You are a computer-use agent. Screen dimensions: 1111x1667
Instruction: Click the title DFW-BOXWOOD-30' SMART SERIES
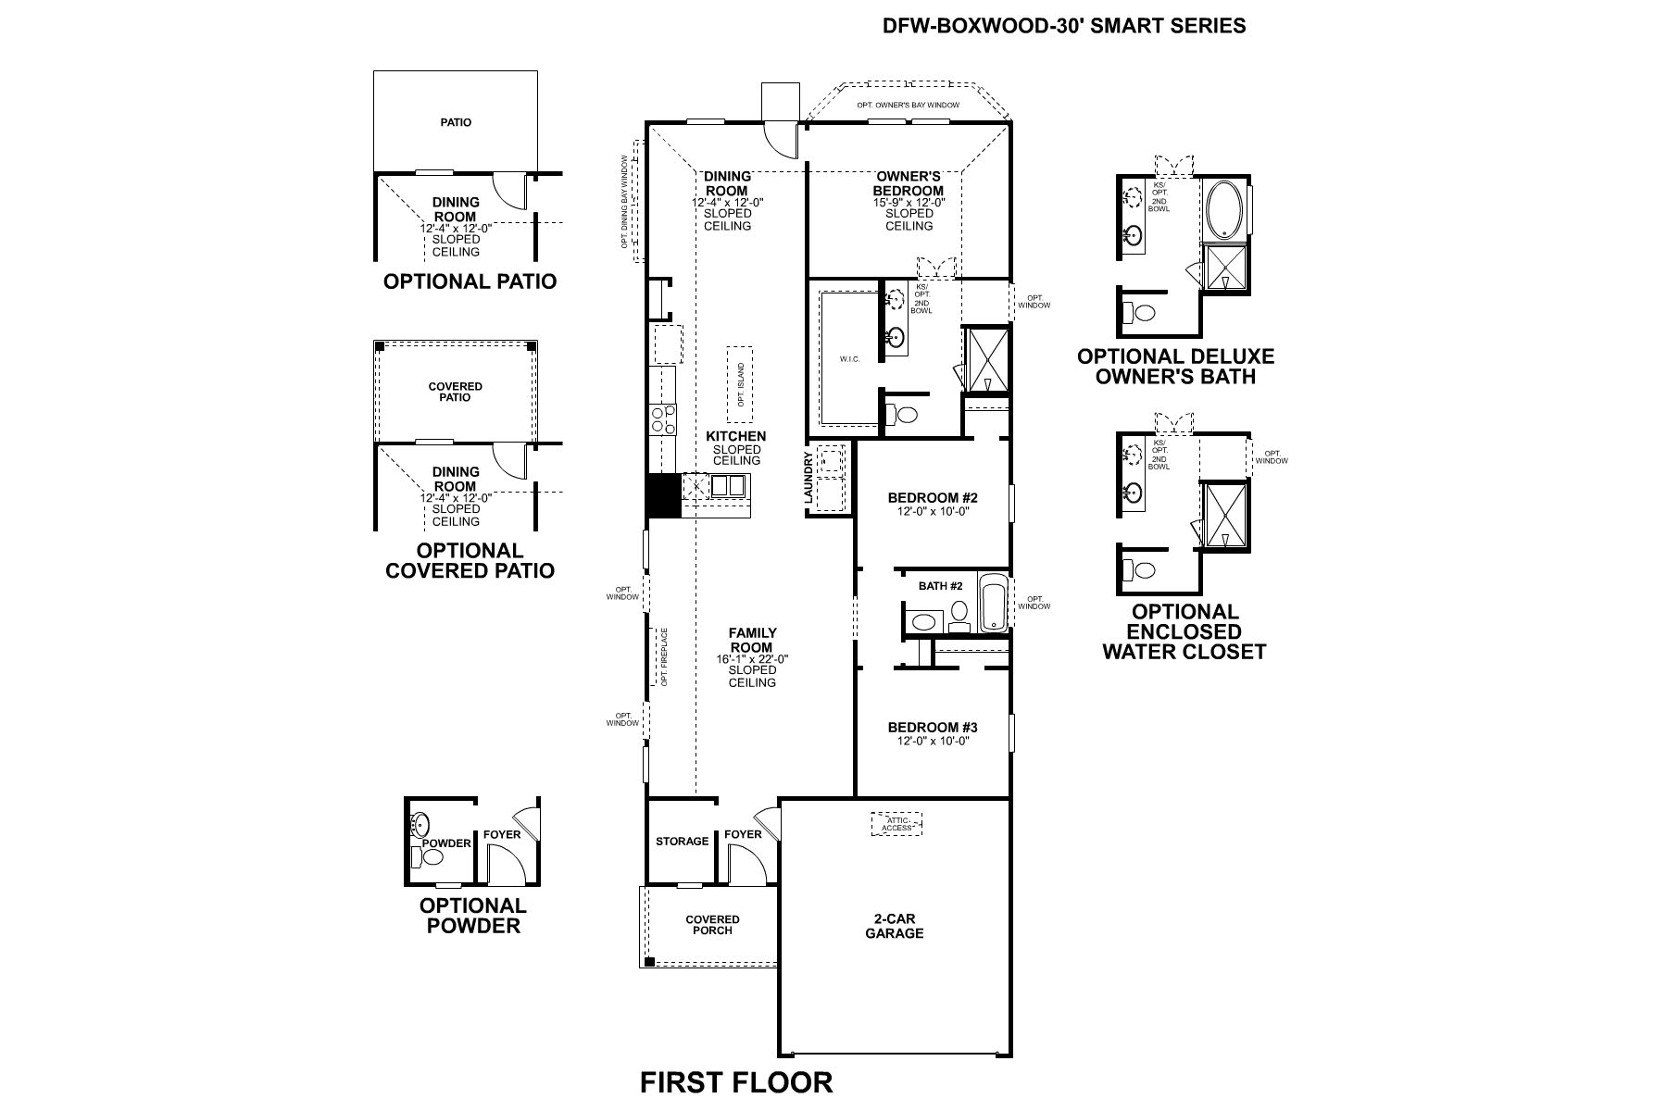pyautogui.click(x=1064, y=25)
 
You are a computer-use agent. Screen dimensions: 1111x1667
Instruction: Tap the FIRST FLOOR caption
pyautogui.click(x=736, y=1081)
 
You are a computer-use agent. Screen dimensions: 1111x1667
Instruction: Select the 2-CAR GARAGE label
pyautogui.click(x=894, y=926)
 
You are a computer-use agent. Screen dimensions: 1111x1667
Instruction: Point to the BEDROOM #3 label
pyautogui.click(x=932, y=727)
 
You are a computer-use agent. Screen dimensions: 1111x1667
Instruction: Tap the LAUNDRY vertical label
pyautogui.click(x=808, y=478)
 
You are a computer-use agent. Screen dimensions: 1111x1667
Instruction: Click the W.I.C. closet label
pyautogui.click(x=850, y=359)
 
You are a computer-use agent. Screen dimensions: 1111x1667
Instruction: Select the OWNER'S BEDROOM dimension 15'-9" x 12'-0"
pyautogui.click(x=909, y=202)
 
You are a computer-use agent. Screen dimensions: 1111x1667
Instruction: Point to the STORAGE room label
pyautogui.click(x=682, y=841)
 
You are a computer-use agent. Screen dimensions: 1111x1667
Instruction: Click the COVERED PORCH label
pyautogui.click(x=712, y=925)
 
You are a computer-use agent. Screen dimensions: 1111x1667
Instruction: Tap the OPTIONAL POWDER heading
pyautogui.click(x=473, y=915)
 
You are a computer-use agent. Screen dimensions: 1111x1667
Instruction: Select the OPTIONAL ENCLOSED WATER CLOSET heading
pyautogui.click(x=1184, y=631)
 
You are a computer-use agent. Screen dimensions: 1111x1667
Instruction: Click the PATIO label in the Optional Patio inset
pyautogui.click(x=455, y=122)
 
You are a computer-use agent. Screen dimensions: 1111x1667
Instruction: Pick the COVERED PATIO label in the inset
pyautogui.click(x=455, y=392)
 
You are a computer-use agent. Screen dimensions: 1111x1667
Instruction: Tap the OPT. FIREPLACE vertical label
pyautogui.click(x=664, y=656)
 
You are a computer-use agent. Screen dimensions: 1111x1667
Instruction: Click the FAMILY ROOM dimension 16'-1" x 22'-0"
pyautogui.click(x=752, y=659)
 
